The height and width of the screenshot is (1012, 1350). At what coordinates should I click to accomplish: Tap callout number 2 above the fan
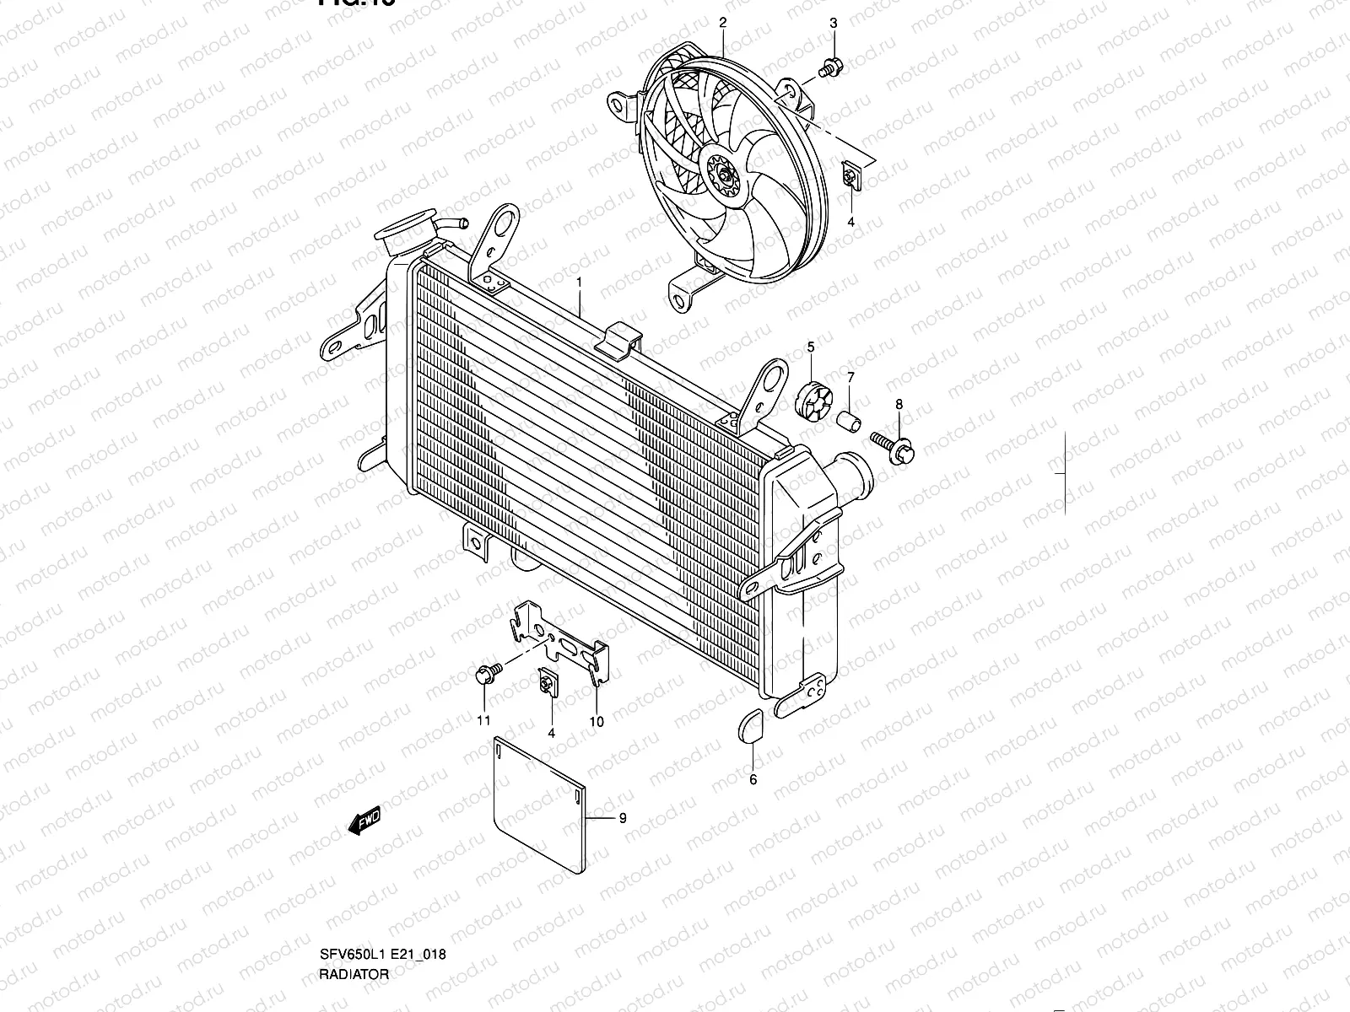722,22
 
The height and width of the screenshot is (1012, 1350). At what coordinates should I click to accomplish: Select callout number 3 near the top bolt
834,23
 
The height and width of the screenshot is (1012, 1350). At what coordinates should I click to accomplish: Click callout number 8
899,405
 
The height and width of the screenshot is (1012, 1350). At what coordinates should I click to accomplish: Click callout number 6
753,780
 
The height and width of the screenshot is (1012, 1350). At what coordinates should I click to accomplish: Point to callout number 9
623,817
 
